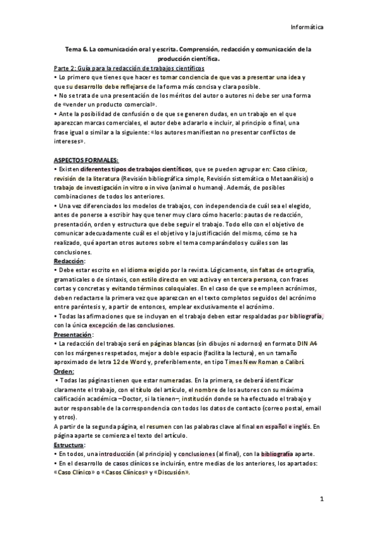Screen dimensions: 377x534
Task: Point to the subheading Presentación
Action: click(74, 335)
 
